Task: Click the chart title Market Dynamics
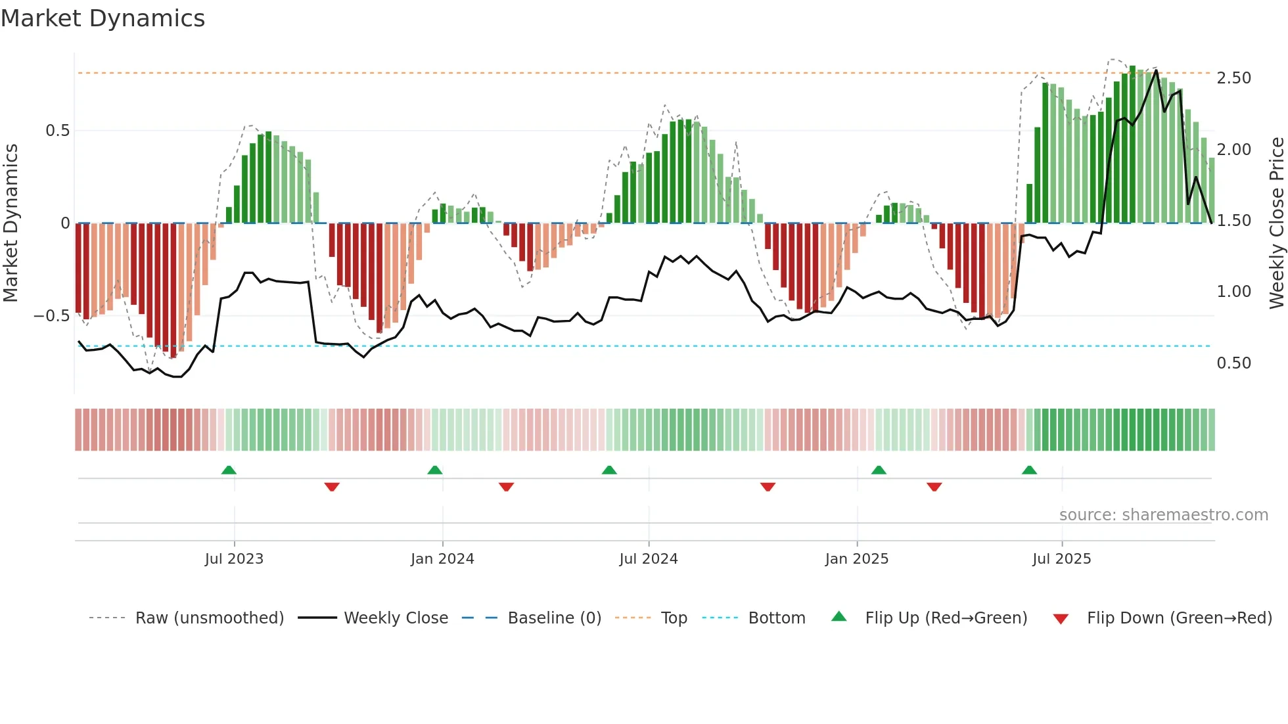[103, 18]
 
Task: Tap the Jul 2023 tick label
[234, 559]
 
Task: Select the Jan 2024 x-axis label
[442, 559]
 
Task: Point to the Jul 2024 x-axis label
[648, 559]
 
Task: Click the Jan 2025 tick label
[856, 559]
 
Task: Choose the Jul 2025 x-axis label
[1061, 559]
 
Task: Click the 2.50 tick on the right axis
[1233, 78]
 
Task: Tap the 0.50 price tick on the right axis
[1233, 363]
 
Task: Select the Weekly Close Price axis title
[1276, 223]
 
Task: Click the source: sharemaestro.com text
[1163, 515]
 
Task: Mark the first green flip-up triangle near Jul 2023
[229, 470]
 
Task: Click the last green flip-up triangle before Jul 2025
[1029, 470]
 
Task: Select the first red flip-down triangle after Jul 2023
[332, 487]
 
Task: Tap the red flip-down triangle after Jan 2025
[934, 487]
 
